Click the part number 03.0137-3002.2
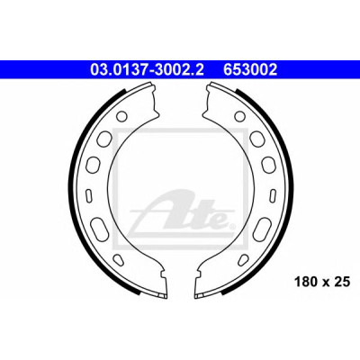coord(147,70)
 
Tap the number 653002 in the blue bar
coord(249,70)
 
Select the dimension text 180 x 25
coord(322,282)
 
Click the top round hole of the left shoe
coord(121,116)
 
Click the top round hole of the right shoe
coord(239,116)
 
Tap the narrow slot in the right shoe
coord(273,194)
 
